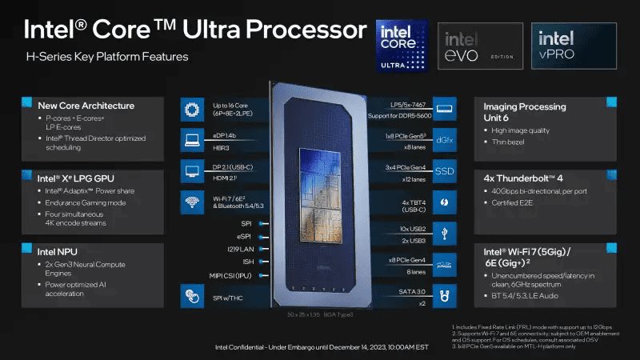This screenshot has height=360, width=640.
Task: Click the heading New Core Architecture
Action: click(x=86, y=106)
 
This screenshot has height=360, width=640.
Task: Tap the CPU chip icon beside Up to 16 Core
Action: click(x=192, y=108)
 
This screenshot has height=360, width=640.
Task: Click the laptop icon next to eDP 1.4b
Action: click(x=192, y=140)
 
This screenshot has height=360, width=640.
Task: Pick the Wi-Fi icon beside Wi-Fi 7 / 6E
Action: click(x=192, y=202)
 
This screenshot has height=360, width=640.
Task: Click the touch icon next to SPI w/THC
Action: click(x=192, y=296)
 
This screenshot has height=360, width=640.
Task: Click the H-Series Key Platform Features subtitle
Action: click(x=108, y=57)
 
